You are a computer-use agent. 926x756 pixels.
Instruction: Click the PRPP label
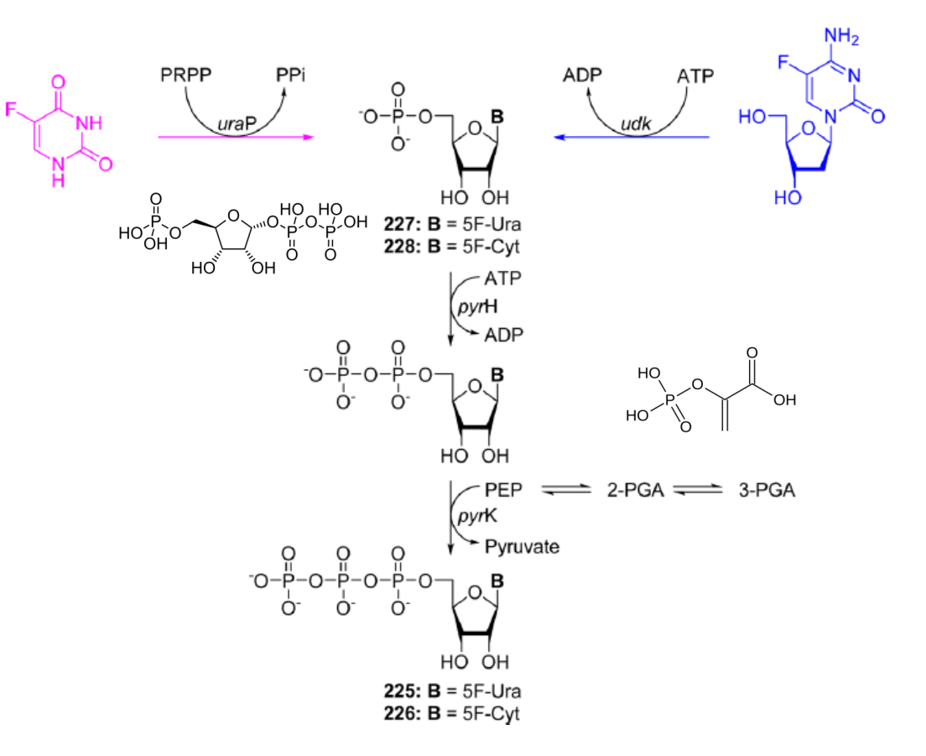click(x=185, y=75)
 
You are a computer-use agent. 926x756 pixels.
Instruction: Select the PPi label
click(x=290, y=75)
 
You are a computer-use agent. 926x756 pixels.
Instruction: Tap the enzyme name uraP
click(x=237, y=124)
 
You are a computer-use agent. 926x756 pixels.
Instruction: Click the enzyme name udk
click(x=636, y=123)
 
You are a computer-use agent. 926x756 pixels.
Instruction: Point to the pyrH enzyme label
click(x=478, y=306)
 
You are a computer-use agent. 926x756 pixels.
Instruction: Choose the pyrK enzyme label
click(x=478, y=516)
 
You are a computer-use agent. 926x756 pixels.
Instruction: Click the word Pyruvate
click(x=522, y=546)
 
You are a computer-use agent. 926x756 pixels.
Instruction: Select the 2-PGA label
click(x=636, y=490)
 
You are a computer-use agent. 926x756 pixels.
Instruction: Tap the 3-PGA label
click(x=767, y=490)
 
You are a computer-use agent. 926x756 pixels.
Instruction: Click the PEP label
click(x=503, y=490)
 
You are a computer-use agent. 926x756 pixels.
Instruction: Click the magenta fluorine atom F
click(x=11, y=109)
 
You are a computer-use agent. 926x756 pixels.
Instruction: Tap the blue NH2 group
click(x=841, y=37)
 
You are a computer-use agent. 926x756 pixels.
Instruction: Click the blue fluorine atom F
click(x=783, y=62)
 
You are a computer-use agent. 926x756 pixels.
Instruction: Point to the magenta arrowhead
click(x=308, y=137)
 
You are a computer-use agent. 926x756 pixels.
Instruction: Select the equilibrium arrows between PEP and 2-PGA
click(x=566, y=490)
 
